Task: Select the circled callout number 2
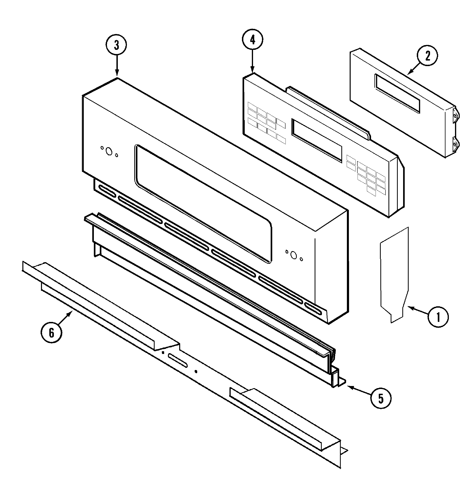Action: [427, 56]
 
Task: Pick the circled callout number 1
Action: [438, 317]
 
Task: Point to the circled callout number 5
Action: [381, 398]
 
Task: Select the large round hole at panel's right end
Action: [293, 255]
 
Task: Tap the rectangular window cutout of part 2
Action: [397, 93]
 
